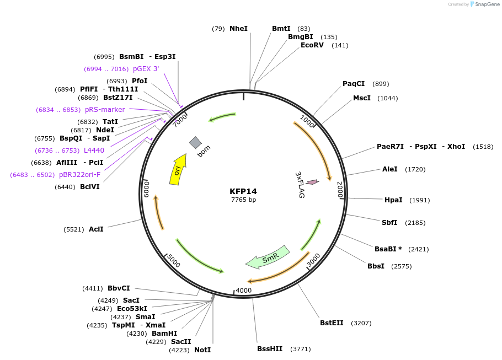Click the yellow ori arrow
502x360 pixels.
pos(178,169)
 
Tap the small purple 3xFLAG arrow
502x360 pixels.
pos(312,182)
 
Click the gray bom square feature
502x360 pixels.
pos(195,143)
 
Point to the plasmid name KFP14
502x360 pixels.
pos(243,191)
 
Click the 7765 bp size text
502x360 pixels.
pos(243,200)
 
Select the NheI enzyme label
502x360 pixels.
pos(238,29)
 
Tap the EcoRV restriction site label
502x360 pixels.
pos(312,45)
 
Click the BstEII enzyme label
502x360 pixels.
pos(332,323)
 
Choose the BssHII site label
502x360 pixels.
pos(270,349)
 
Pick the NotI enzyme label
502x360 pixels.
pos(202,350)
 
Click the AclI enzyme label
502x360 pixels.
pos(96,229)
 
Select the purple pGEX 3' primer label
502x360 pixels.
pos(146,69)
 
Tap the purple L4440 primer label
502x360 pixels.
pos(94,151)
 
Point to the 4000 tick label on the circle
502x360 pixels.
pos(243,291)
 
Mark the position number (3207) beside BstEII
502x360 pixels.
pos(362,323)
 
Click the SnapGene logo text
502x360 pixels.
pos(487,4)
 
